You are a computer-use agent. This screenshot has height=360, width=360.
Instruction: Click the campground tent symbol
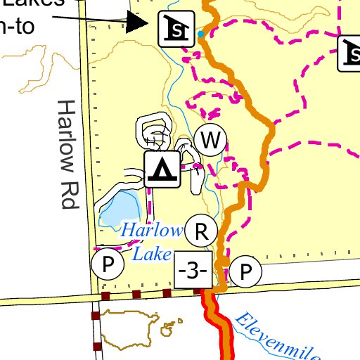coord(163,169)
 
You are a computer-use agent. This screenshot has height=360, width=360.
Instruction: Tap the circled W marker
coord(210,141)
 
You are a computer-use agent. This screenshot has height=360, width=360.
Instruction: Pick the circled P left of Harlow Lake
coord(108,265)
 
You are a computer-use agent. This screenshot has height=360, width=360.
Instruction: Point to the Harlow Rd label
coord(67,155)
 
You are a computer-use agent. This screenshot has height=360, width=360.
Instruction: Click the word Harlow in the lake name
coord(150,230)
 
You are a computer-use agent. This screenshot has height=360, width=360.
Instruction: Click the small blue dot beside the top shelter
coord(201,34)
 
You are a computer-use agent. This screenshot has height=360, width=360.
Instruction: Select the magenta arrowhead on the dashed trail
coord(210,112)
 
